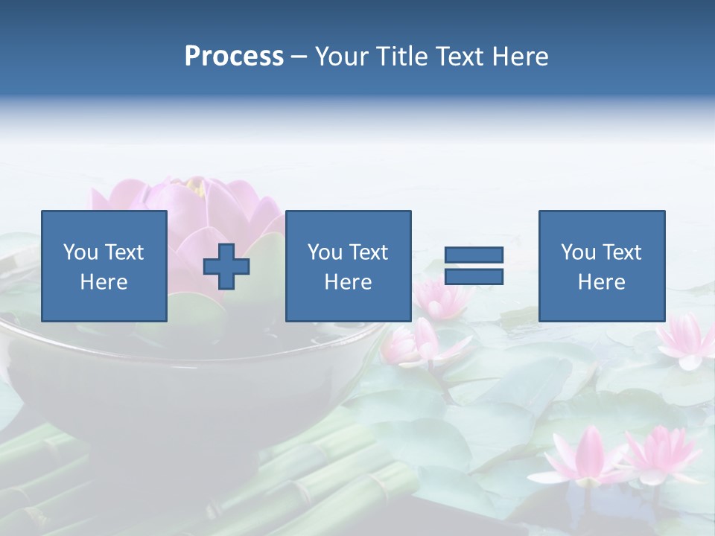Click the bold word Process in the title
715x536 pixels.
pos(234,57)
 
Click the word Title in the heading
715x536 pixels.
pos(402,57)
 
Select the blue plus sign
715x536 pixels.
pos(226,267)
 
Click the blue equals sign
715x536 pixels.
pos(474,266)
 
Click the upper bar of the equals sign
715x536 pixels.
pos(474,255)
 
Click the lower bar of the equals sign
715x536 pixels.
pos(474,277)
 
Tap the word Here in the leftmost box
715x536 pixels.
pos(104,282)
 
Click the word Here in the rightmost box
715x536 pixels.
pos(601,282)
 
